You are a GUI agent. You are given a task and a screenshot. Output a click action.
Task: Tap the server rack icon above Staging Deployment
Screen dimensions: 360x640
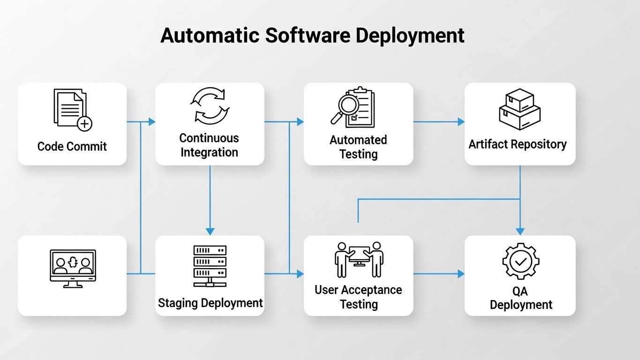[x=210, y=265]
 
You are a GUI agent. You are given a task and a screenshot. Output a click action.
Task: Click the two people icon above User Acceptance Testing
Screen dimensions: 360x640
[x=359, y=259]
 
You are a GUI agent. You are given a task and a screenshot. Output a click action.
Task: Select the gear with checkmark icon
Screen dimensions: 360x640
[x=520, y=261]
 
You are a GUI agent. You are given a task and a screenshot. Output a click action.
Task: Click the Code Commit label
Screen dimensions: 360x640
[x=72, y=146]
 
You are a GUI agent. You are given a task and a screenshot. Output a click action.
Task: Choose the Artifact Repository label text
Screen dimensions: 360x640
[x=518, y=144]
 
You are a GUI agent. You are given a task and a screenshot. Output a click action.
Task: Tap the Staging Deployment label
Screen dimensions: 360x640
[x=210, y=303]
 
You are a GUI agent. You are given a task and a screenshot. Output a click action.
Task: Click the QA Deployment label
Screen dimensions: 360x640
[x=520, y=298]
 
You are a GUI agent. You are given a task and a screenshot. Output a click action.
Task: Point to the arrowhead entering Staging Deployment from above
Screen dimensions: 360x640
[x=210, y=231]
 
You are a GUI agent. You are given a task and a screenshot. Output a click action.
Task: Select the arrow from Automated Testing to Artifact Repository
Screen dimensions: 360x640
[x=438, y=122]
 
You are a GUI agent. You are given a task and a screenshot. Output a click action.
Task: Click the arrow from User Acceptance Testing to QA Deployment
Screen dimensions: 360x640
[x=438, y=274]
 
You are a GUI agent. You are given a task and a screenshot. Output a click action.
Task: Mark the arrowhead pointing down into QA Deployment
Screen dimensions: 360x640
[x=520, y=231]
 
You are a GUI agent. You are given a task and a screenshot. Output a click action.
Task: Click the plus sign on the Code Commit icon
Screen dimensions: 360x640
[x=84, y=124]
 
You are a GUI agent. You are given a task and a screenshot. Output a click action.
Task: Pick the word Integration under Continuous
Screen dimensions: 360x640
[x=210, y=152]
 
